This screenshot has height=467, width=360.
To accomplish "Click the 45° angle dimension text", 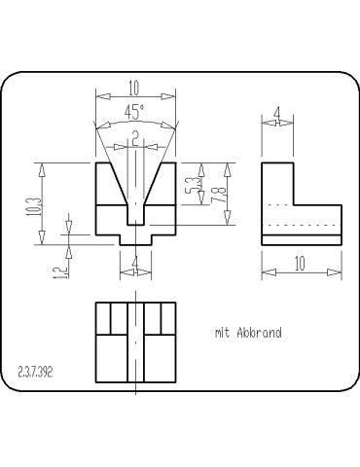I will pyautogui.click(x=135, y=111).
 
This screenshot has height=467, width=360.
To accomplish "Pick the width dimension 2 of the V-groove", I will pyautogui.click(x=135, y=135).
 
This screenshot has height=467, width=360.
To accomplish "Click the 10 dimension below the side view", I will pyautogui.click(x=302, y=263).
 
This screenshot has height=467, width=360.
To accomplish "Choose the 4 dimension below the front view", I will pyautogui.click(x=135, y=262).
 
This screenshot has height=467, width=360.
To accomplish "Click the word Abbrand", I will pyautogui.click(x=259, y=333).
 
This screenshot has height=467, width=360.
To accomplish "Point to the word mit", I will pyautogui.click(x=222, y=333).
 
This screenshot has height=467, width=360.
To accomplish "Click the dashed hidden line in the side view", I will pyautogui.click(x=302, y=226).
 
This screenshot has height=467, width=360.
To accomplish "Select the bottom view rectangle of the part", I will pyautogui.click(x=135, y=343).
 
